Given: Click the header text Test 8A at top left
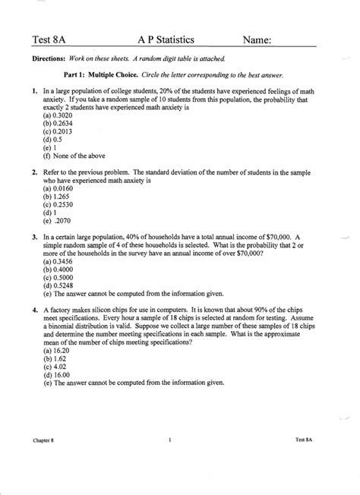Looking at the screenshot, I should [x=48, y=40].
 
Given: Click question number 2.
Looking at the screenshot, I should [x=35, y=174].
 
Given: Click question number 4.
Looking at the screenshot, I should [x=35, y=312].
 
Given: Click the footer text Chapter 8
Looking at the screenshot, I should [x=46, y=440].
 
